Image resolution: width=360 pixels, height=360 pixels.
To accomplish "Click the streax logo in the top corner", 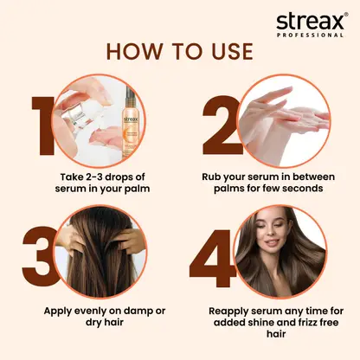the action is [312, 24].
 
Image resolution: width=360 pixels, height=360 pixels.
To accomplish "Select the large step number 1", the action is [44, 126].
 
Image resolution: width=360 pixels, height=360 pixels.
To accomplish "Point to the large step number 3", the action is [41, 256].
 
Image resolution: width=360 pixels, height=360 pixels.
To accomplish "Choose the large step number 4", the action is [213, 259].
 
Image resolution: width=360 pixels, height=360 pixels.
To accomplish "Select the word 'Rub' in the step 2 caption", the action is [212, 177].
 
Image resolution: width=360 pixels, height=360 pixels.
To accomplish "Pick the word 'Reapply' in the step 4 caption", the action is [228, 312].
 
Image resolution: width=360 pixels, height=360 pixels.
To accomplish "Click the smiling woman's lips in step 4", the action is [269, 242].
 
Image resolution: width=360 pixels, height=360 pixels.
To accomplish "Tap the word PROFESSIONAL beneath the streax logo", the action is [310, 35].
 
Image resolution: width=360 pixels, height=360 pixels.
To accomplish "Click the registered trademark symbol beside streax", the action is [346, 15].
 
